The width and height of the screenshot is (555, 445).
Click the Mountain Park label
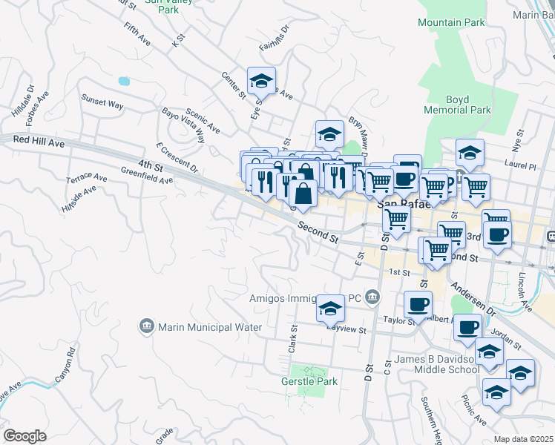(450, 22)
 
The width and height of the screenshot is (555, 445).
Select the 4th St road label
(149, 165)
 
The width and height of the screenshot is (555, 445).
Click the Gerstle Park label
(309, 382)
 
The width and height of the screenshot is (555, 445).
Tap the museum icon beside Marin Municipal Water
(146, 326)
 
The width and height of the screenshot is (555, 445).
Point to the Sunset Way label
(102, 103)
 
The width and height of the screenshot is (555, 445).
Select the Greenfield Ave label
(147, 175)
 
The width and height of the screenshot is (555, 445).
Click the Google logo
(24, 436)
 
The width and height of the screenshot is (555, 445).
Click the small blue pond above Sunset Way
(123, 80)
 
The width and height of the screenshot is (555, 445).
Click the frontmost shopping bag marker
(303, 194)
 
